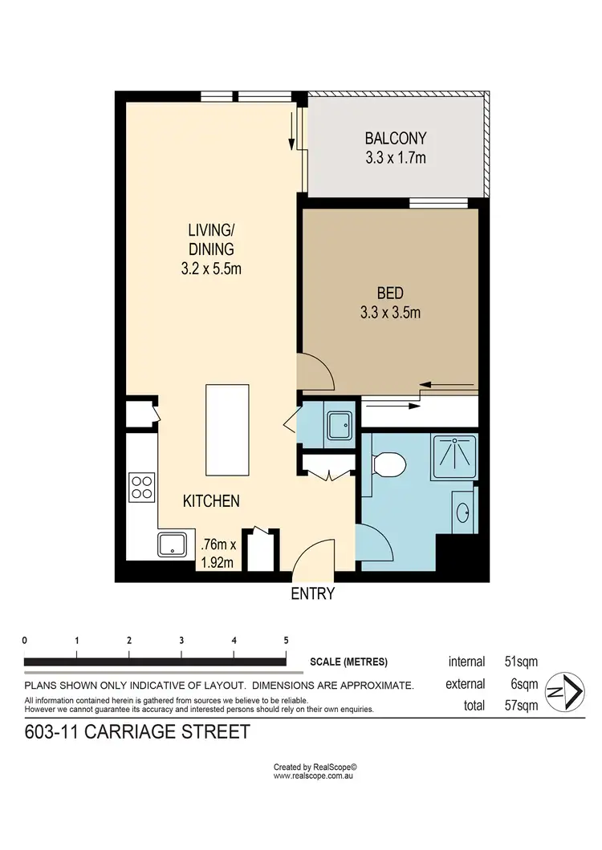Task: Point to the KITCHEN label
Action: tap(211, 501)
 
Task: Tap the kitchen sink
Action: tap(173, 545)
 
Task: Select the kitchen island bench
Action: tap(227, 430)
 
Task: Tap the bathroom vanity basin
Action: tap(464, 512)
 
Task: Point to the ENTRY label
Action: tap(312, 594)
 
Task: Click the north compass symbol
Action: tap(565, 692)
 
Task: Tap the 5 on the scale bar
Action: tap(286, 641)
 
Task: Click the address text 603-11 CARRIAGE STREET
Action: tap(137, 731)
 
